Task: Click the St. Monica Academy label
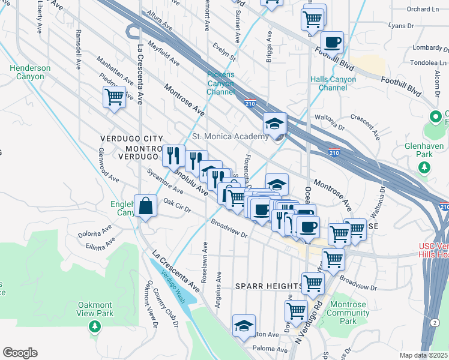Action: pyautogui.click(x=230, y=137)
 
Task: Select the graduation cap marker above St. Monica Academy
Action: pyautogui.click(x=274, y=124)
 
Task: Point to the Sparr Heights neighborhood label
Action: pyautogui.click(x=268, y=286)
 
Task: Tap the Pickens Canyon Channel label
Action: pyautogui.click(x=220, y=83)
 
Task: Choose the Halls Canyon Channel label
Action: pyautogui.click(x=333, y=83)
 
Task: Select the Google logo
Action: pyautogui.click(x=20, y=353)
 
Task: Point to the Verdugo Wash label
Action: pyautogui.click(x=172, y=285)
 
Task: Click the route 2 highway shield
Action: pyautogui.click(x=434, y=322)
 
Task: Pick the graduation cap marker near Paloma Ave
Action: pyautogui.click(x=244, y=326)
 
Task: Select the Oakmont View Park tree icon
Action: pyautogui.click(x=94, y=326)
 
